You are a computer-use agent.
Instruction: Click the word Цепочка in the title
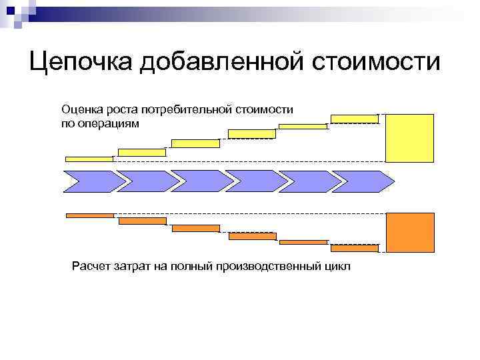pos(80,63)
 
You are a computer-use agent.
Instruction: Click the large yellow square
pos(410,138)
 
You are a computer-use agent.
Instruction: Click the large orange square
pos(410,233)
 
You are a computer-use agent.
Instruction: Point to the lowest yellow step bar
pos(89,159)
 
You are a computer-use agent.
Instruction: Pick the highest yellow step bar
pos(354,119)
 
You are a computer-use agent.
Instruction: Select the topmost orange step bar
pos(90,215)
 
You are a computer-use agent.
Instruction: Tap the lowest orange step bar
pos(354,249)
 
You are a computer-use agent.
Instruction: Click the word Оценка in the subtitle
pos(80,109)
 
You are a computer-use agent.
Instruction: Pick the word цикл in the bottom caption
pos(335,267)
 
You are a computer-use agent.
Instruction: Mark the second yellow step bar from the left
pos(142,153)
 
